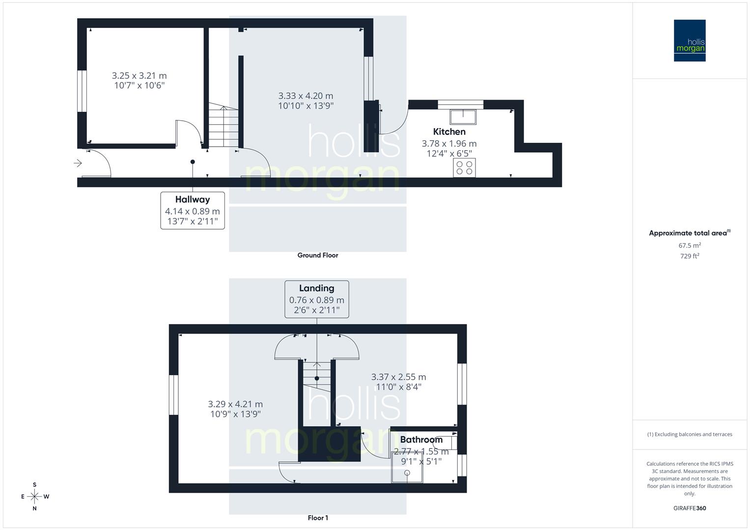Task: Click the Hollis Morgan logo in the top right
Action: tap(690, 40)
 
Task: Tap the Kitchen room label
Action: tap(449, 132)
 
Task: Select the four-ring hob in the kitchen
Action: tap(464, 168)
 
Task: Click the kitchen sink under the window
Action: tap(463, 117)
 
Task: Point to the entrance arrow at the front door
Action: tap(78, 163)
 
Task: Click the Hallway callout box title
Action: tap(193, 200)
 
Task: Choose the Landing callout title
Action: tap(316, 289)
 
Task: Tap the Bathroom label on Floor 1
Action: tap(421, 440)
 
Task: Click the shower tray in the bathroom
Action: tap(407, 467)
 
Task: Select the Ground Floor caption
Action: tap(318, 255)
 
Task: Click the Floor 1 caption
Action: tap(318, 518)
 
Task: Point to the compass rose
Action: tap(34, 497)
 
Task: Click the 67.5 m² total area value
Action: tap(690, 245)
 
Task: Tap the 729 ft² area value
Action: tap(690, 256)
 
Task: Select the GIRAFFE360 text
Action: tap(690, 508)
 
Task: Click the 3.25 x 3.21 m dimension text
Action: tap(139, 76)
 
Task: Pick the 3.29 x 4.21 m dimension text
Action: tap(235, 404)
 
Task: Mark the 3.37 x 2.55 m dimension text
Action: tap(398, 377)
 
